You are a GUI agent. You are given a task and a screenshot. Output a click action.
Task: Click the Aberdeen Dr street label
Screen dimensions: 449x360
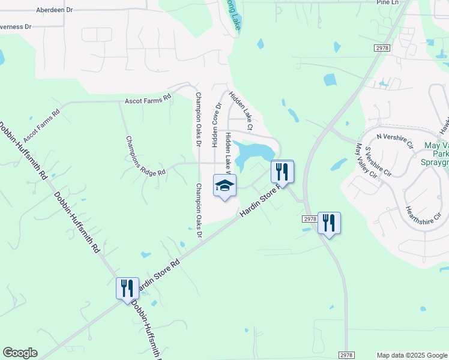pos(53,10)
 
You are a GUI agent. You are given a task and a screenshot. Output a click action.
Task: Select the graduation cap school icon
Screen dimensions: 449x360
pos(225,185)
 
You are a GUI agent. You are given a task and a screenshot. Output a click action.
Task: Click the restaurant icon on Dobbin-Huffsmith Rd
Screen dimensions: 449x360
pos(127,289)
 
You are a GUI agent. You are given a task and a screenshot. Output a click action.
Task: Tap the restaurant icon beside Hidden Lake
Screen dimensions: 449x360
pos(282,172)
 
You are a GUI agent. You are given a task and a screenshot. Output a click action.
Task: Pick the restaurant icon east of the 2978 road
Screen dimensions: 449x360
pos(329,223)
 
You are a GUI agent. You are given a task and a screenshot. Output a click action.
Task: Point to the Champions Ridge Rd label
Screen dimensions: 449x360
pos(145,156)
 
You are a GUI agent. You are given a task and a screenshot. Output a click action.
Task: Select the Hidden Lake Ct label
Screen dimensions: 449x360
pos(241,110)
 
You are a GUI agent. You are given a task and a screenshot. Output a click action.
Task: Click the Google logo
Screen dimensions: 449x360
pos(20,353)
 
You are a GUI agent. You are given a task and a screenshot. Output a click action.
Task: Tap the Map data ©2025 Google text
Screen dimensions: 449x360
pos(411,355)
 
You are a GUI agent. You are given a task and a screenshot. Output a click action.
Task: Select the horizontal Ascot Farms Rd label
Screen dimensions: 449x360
pos(148,100)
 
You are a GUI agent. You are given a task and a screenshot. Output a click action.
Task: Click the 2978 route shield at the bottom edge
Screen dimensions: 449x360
pos(346,355)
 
